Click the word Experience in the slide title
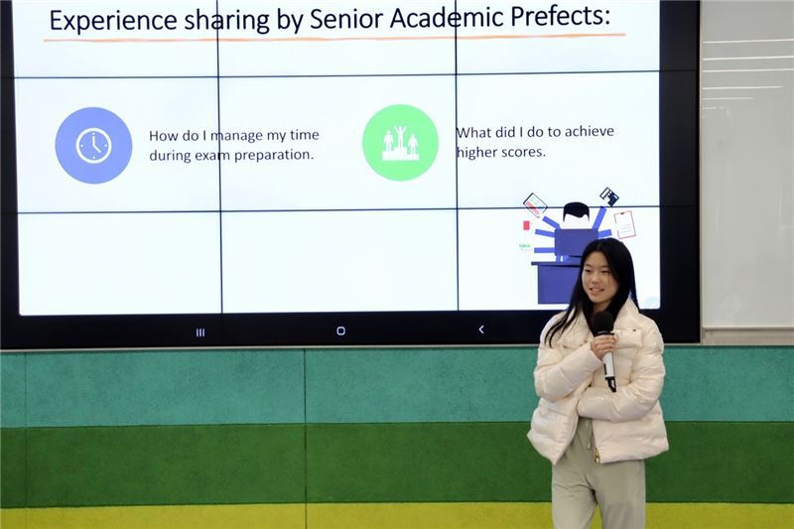[x=113, y=21]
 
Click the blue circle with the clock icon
[x=93, y=145]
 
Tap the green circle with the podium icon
[x=400, y=143]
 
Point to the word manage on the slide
[x=236, y=136]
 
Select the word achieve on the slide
[x=589, y=132]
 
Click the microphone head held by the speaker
[x=602, y=323]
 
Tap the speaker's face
[x=596, y=276]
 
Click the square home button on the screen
[x=340, y=331]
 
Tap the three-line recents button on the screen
[x=200, y=332]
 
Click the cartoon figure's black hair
[x=576, y=209]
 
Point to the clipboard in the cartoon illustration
[x=625, y=224]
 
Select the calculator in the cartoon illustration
[x=609, y=196]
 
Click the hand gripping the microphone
[x=604, y=344]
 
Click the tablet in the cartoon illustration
[x=535, y=204]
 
